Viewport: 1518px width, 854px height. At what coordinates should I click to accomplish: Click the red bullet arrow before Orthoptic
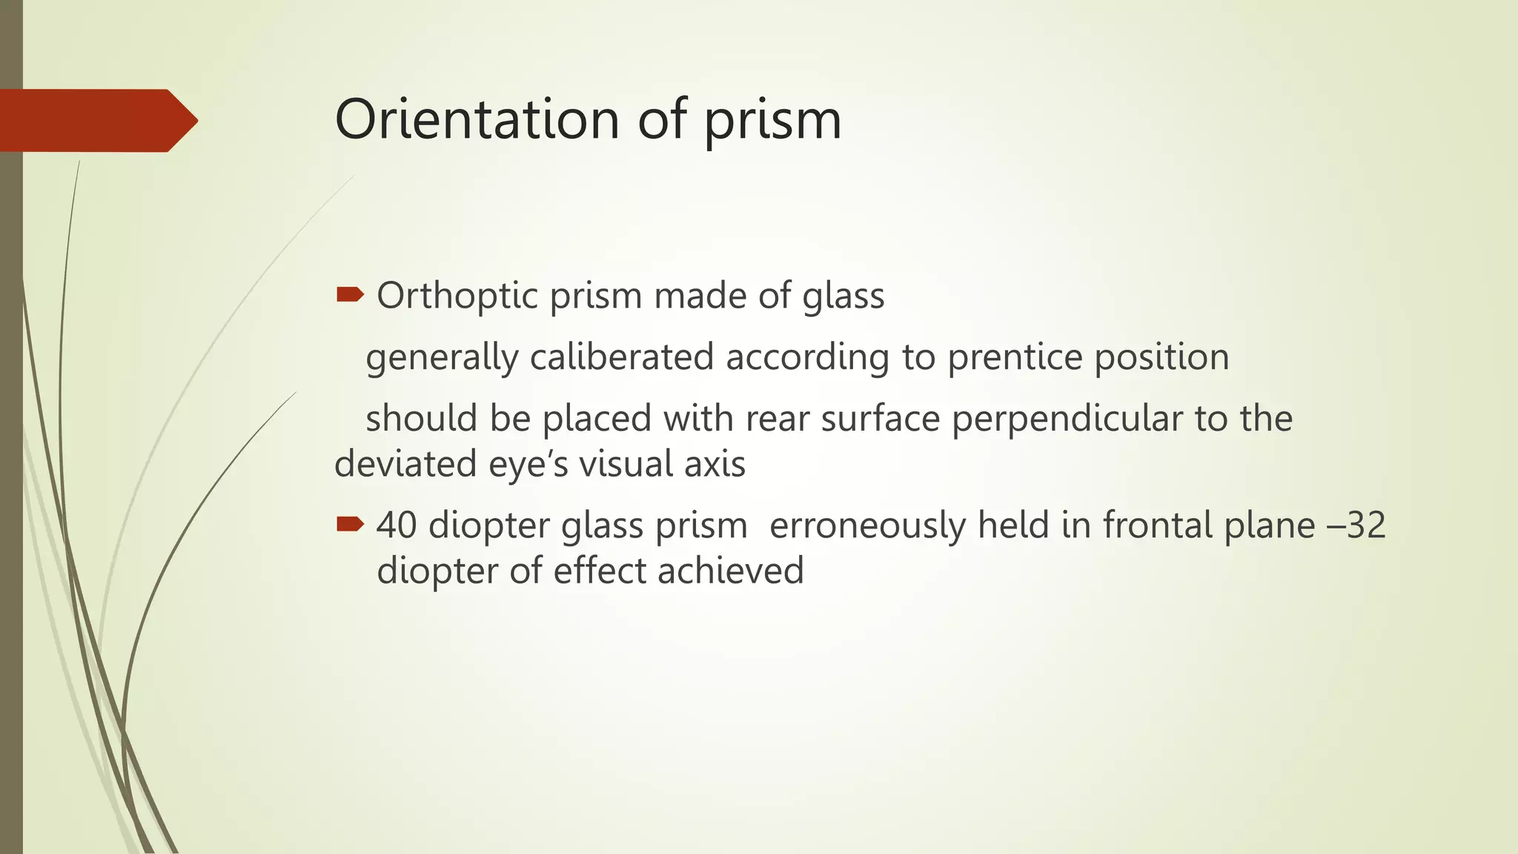pyautogui.click(x=350, y=296)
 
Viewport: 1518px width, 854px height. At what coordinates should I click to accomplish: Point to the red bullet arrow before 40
pyautogui.click(x=350, y=525)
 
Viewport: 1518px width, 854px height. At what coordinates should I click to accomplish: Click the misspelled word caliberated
pyautogui.click(x=621, y=357)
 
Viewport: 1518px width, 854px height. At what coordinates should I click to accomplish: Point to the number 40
pyautogui.click(x=397, y=526)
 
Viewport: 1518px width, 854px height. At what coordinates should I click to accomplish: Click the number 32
pyautogui.click(x=1365, y=526)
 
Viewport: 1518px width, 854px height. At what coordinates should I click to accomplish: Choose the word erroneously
pyautogui.click(x=868, y=526)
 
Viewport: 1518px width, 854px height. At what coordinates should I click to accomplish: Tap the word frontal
pyautogui.click(x=1158, y=526)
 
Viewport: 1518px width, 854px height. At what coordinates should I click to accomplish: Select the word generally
pyautogui.click(x=443, y=359)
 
